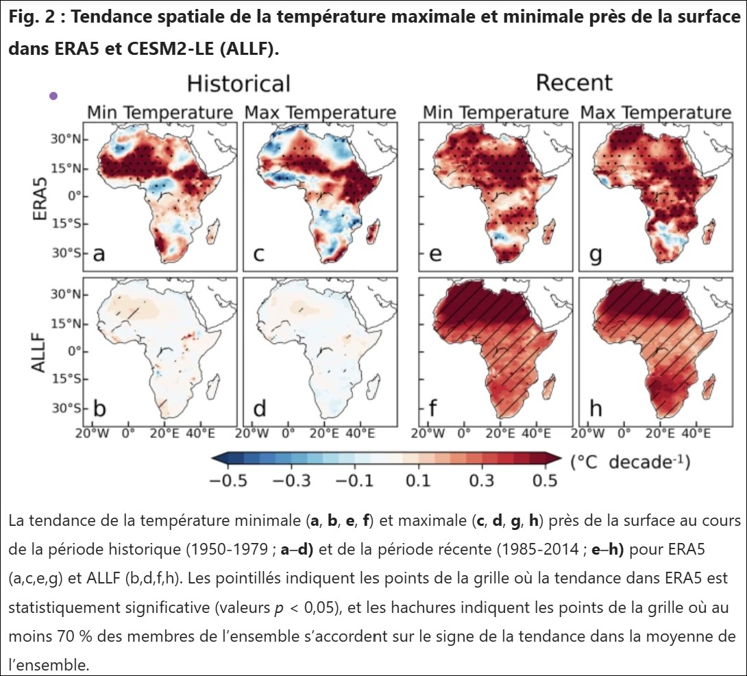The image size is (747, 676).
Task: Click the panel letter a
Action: (x=99, y=255)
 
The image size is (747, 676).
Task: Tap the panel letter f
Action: (x=434, y=410)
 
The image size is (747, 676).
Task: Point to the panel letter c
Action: (x=258, y=255)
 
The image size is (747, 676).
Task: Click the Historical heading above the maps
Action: (x=238, y=84)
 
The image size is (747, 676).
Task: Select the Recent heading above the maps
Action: (x=574, y=84)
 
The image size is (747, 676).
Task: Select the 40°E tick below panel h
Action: (x=696, y=433)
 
